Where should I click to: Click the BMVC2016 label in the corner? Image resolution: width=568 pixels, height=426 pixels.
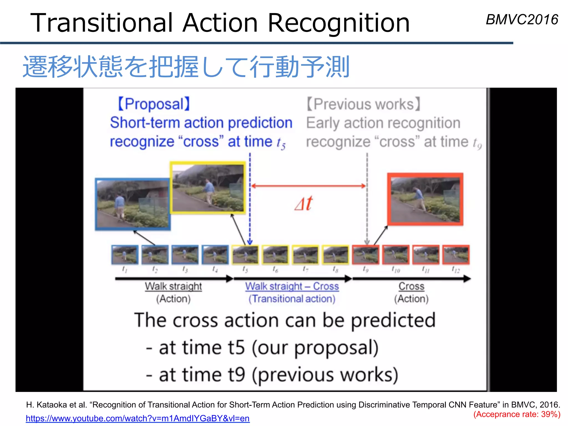(522, 20)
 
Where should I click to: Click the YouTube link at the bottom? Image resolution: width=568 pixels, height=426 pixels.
(138, 418)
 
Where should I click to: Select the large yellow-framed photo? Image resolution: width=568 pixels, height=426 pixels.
(208, 188)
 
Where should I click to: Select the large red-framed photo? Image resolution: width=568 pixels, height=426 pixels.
(425, 199)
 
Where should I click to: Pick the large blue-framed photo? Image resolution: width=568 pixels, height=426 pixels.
(133, 204)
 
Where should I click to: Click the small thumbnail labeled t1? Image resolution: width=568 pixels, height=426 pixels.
(125, 254)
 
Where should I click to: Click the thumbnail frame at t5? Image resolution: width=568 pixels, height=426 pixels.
(245, 255)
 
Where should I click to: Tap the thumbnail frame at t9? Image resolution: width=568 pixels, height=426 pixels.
(366, 255)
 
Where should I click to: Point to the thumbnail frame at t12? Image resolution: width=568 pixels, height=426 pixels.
(456, 255)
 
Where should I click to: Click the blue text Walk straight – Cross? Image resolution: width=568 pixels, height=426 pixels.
(292, 286)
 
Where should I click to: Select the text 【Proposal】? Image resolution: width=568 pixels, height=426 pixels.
(154, 104)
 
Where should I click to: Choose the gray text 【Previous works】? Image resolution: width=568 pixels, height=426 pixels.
(364, 104)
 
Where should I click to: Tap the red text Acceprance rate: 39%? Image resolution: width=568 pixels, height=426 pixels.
(517, 414)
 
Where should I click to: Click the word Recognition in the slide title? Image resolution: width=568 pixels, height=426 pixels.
(339, 23)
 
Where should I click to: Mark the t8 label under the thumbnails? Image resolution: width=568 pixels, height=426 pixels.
(336, 269)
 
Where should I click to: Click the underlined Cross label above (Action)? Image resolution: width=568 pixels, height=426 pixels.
(411, 286)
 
